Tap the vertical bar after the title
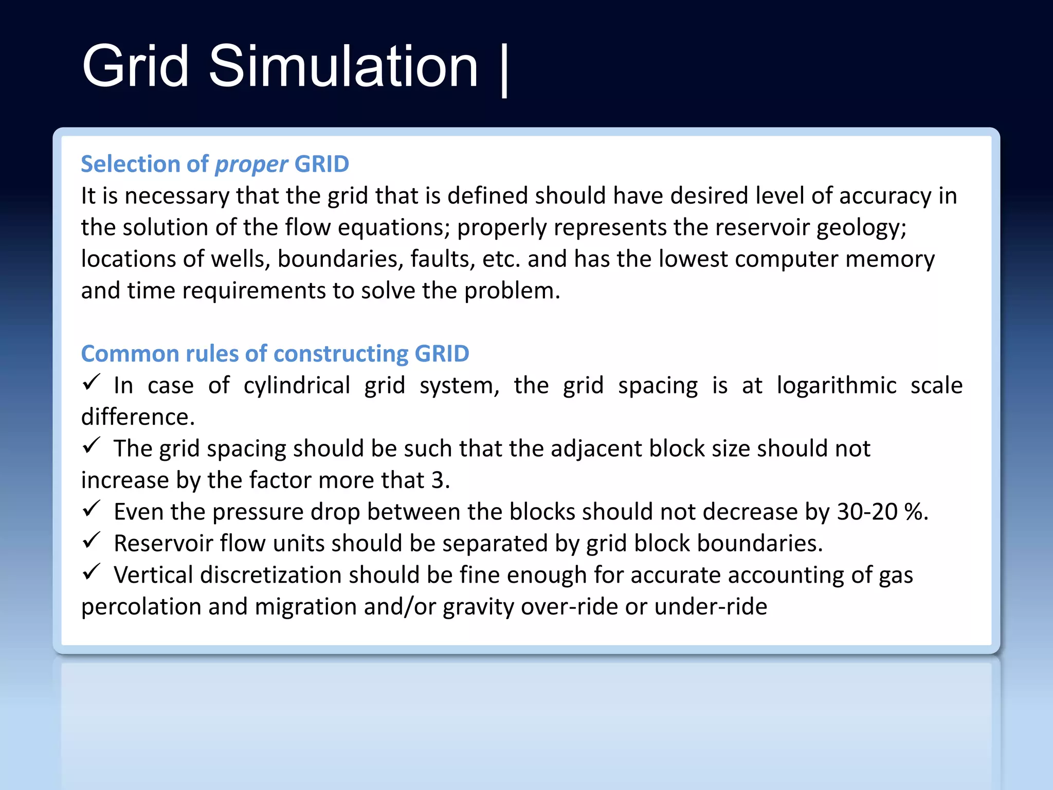click(504, 70)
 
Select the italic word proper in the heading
click(251, 165)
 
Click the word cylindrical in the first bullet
click(297, 386)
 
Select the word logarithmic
click(836, 386)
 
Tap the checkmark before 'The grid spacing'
click(91, 445)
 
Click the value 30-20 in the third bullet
click(867, 512)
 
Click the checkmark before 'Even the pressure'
click(91, 509)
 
